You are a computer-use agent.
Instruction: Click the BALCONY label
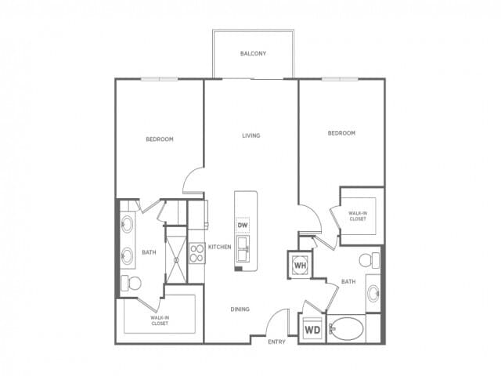(x=253, y=54)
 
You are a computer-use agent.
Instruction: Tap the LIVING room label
(x=250, y=136)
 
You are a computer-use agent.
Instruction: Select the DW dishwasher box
(x=243, y=226)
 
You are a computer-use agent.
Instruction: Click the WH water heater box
(x=300, y=265)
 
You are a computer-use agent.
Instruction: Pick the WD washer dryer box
(x=312, y=329)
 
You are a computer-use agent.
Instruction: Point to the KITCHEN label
(x=219, y=248)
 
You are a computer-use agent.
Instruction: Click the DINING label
(x=240, y=309)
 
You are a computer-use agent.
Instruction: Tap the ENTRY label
(x=276, y=342)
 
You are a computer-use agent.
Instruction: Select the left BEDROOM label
(x=160, y=139)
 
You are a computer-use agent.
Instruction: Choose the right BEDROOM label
(x=341, y=133)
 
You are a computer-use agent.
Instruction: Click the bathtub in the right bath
(x=344, y=329)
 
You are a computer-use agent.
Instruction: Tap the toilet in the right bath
(x=364, y=261)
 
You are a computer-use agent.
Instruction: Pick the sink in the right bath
(x=374, y=295)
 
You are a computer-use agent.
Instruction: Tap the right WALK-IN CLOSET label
(x=359, y=215)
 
